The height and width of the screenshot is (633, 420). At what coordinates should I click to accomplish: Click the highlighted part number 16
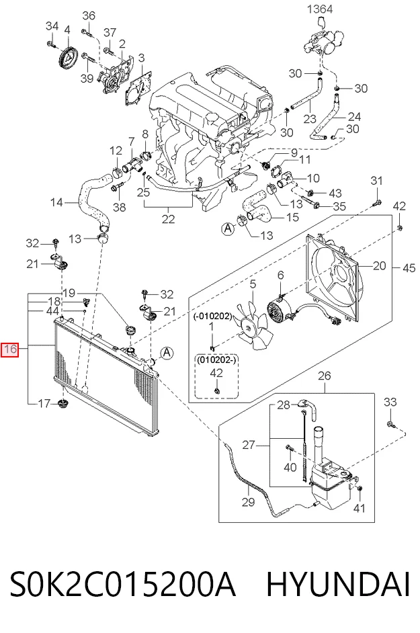pyautogui.click(x=10, y=349)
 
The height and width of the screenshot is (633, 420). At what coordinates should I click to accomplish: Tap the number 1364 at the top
pyautogui.click(x=320, y=9)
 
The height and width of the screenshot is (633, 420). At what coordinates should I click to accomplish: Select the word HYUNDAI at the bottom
pyautogui.click(x=338, y=584)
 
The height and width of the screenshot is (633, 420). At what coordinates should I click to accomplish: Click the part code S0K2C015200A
pyautogui.click(x=122, y=584)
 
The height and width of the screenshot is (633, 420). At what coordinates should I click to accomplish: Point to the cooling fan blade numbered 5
pyautogui.click(x=255, y=327)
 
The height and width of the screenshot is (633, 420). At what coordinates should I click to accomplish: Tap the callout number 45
pyautogui.click(x=409, y=267)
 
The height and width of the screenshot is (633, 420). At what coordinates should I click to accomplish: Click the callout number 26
pyautogui.click(x=325, y=376)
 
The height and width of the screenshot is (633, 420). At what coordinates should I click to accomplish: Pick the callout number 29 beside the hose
pyautogui.click(x=249, y=502)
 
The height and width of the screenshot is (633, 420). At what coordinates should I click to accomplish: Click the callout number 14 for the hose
pyautogui.click(x=56, y=202)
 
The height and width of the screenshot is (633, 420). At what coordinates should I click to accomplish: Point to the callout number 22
pyautogui.click(x=168, y=219)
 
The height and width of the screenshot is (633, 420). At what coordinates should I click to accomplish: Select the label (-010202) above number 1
pyautogui.click(x=212, y=316)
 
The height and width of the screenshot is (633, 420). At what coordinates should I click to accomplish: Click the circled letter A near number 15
pyautogui.click(x=228, y=229)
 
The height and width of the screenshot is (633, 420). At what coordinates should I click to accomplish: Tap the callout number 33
pyautogui.click(x=390, y=402)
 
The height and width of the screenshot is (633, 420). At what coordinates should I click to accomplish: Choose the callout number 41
pyautogui.click(x=359, y=507)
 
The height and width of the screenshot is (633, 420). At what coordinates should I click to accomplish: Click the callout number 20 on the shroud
pyautogui.click(x=380, y=265)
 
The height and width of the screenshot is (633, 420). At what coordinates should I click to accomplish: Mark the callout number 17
pyautogui.click(x=44, y=403)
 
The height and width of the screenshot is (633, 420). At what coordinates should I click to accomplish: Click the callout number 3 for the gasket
pyautogui.click(x=141, y=58)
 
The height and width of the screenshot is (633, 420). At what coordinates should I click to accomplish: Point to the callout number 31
pyautogui.click(x=376, y=181)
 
